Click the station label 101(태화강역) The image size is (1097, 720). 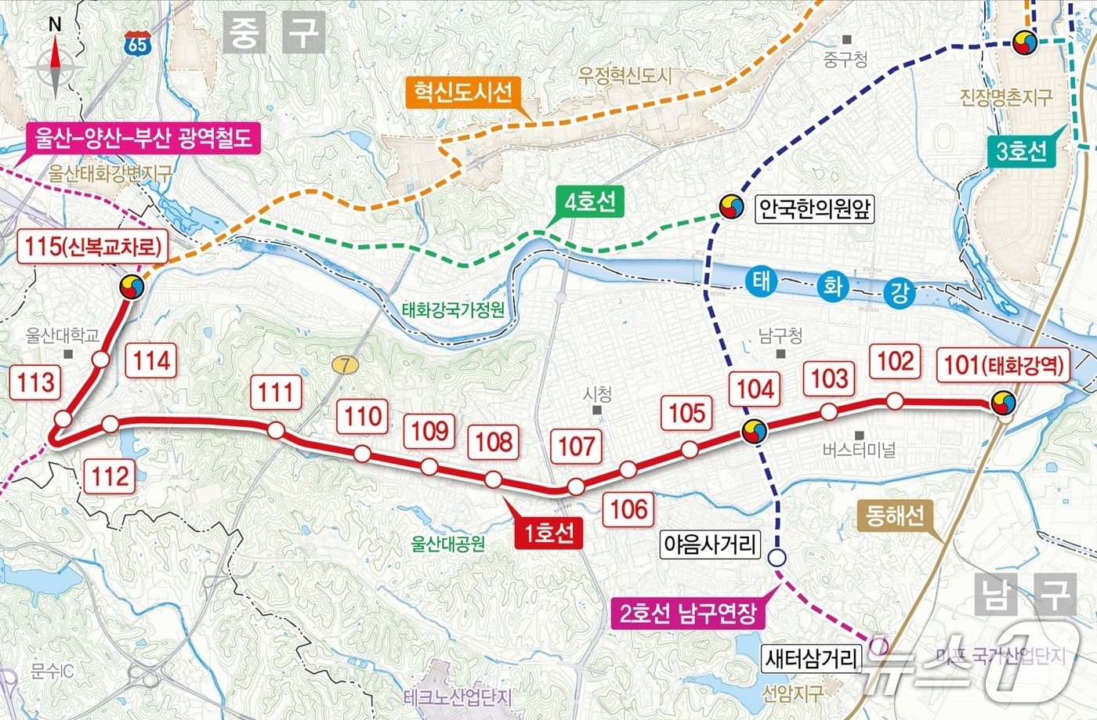tap(1005, 365)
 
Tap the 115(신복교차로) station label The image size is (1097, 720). tap(92, 247)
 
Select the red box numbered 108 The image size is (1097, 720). tap(494, 442)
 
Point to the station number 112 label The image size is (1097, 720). tap(110, 476)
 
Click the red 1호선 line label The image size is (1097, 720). tap(548, 533)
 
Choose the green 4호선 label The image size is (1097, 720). tap(590, 203)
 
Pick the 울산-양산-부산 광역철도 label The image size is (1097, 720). tap(143, 138)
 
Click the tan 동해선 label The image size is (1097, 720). tap(895, 515)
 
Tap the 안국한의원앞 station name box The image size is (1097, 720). tap(815, 208)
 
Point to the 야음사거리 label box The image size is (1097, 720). tap(711, 544)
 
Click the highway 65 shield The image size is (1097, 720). tap(137, 44)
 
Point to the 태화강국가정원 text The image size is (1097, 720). tap(453, 309)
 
